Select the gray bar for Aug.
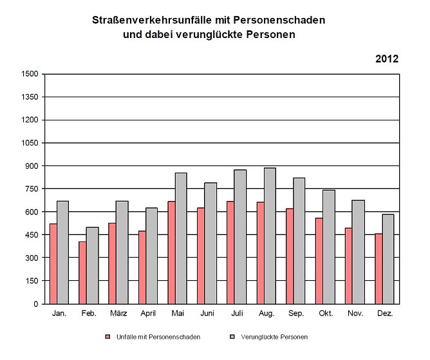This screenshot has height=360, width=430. point(270,236)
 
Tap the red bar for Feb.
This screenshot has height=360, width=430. point(82,272)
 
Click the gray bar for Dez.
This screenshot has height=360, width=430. point(388,259)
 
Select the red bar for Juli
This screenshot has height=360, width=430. point(230,252)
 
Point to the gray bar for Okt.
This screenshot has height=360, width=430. point(329,247)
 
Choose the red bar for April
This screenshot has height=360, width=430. point(142,267)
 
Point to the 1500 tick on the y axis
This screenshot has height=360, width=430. point(30,74)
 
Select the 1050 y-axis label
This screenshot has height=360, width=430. point(30,143)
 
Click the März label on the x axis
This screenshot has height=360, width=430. point(118,314)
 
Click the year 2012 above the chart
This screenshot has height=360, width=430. point(387,59)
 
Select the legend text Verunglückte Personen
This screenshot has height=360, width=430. point(274,337)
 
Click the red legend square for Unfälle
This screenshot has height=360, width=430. point(108,337)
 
